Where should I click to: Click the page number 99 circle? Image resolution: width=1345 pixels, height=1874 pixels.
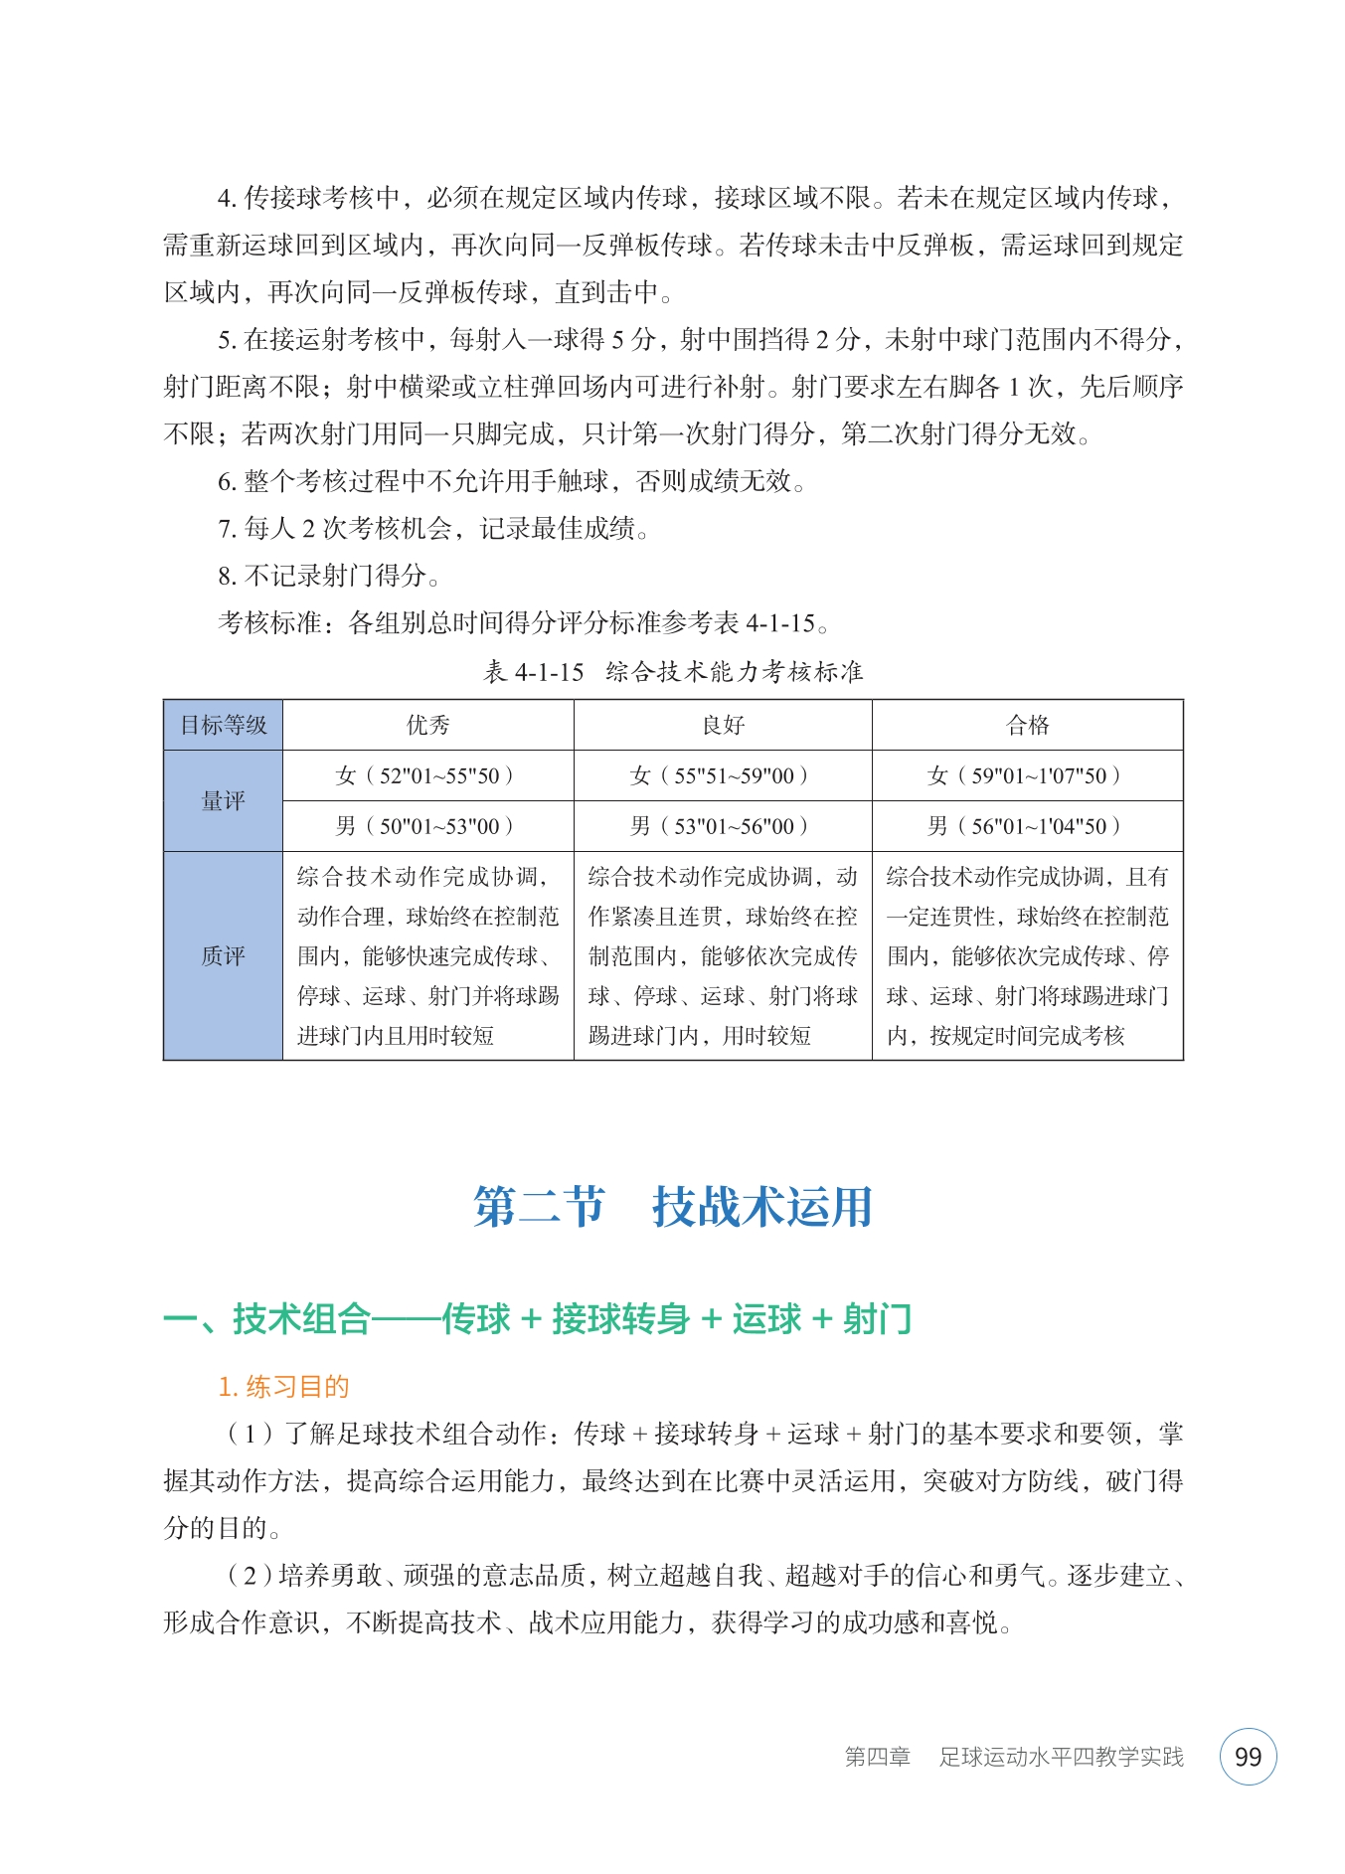(x=1247, y=1757)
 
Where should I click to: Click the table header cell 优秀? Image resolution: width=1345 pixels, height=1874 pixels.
(x=427, y=725)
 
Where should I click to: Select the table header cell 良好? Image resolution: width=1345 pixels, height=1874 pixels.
(x=723, y=725)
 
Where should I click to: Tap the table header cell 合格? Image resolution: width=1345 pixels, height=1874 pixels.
(x=1027, y=725)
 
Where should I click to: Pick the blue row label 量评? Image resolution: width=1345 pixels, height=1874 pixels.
(x=223, y=800)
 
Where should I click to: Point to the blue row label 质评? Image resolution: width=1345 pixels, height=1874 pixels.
(x=223, y=955)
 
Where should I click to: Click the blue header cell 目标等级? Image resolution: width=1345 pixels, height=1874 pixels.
(x=223, y=725)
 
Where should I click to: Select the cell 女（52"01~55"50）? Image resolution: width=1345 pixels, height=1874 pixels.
(x=427, y=775)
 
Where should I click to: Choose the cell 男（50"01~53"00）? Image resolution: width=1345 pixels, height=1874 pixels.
(x=427, y=826)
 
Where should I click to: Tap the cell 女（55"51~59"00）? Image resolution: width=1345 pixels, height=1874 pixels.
(x=723, y=775)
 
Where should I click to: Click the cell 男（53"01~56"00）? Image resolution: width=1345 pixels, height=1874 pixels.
(x=723, y=826)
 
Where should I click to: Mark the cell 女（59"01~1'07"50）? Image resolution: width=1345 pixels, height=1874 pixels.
(x=1027, y=775)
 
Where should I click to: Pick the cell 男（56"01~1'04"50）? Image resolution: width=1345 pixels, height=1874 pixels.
(x=1027, y=826)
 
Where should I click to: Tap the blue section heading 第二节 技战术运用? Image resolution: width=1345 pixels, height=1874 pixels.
(x=673, y=1207)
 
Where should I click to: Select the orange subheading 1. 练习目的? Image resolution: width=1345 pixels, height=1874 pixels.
(x=283, y=1387)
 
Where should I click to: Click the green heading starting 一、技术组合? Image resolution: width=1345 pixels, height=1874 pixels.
(x=537, y=1319)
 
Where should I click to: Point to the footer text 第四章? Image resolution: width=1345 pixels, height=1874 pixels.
(x=877, y=1757)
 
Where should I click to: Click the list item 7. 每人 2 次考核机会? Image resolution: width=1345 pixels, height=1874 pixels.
(x=433, y=528)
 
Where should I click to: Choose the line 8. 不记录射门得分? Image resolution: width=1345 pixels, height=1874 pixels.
(x=328, y=576)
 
